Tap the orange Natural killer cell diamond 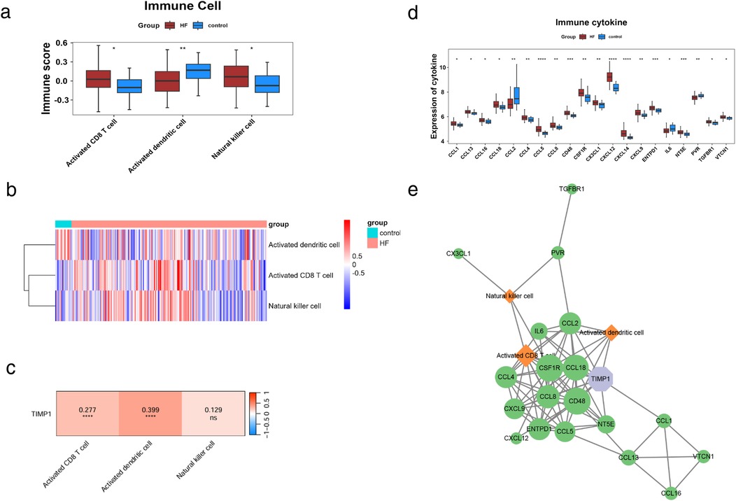pos(509,296)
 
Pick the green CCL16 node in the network pos(670,493)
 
